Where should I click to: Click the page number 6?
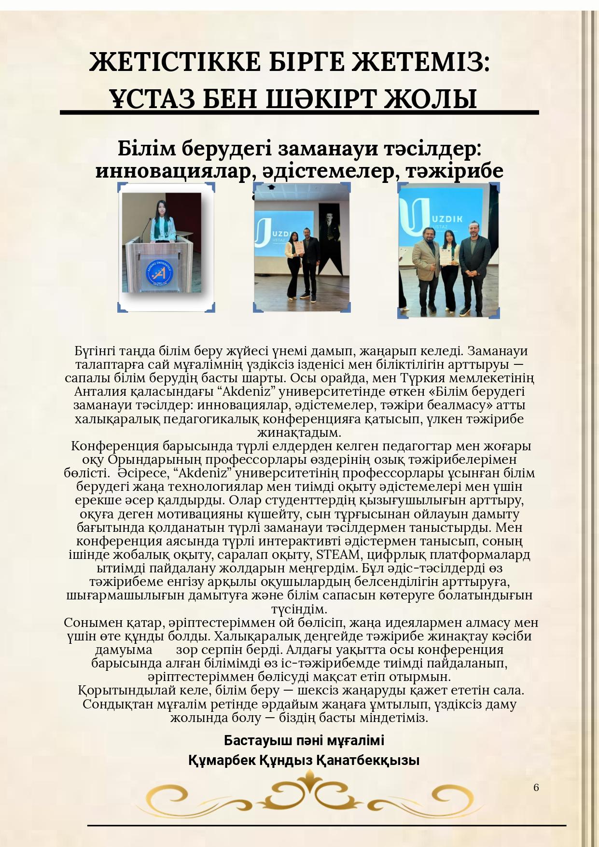[536, 788]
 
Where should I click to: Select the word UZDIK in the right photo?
[449, 218]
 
